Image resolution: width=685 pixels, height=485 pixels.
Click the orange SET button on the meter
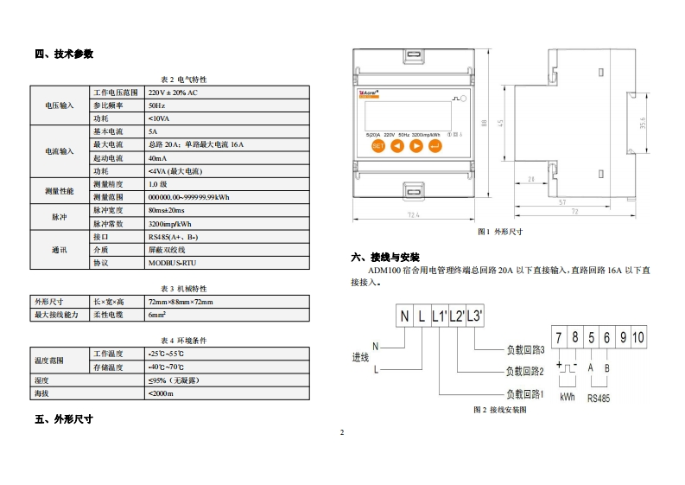click(377, 146)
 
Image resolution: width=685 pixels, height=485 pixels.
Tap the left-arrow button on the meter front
click(397, 146)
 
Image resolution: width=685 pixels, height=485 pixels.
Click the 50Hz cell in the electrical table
click(156, 105)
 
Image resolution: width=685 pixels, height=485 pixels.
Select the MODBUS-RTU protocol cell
click(172, 263)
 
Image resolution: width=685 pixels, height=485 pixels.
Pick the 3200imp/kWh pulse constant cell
click(169, 223)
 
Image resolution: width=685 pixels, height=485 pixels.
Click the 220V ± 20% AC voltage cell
click(173, 93)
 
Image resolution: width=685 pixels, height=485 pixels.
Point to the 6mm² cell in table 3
click(156, 316)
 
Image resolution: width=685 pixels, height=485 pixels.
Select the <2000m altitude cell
click(161, 393)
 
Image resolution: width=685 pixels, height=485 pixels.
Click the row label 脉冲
click(59, 216)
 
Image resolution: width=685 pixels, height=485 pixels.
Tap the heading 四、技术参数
click(64, 54)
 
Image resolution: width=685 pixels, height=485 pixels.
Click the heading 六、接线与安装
click(385, 258)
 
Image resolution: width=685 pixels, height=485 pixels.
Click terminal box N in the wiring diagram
click(404, 316)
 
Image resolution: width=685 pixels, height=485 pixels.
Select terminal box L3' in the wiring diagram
click(474, 316)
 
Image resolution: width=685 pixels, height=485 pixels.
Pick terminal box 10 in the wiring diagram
click(637, 337)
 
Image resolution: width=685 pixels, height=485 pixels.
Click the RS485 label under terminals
click(599, 399)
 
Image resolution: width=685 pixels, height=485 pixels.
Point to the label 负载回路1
click(524, 394)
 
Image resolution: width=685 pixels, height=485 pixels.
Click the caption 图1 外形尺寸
click(500, 232)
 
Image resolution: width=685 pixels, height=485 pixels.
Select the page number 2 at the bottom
click(342, 432)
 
